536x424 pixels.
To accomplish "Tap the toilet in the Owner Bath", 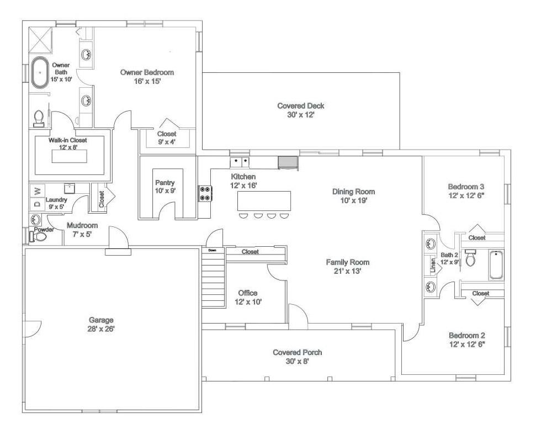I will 39,117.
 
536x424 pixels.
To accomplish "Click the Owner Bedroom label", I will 147,72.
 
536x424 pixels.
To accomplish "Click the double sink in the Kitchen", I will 240,162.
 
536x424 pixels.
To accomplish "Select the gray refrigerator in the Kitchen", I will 288,162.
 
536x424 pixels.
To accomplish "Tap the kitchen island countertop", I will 263,200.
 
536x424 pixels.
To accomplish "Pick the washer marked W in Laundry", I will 37,191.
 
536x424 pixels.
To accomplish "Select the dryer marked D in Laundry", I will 37,204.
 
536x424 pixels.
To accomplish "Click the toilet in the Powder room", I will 40,236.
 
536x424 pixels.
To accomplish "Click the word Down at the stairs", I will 212,251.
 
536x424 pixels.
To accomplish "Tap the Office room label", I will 247,293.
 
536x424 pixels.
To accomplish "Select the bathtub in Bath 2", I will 496,264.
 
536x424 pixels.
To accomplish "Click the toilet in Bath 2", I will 470,258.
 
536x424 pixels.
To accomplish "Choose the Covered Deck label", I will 300,106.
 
